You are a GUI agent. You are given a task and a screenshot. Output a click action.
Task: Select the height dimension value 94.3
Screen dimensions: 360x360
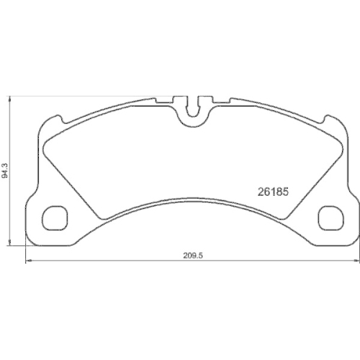[x=6, y=172]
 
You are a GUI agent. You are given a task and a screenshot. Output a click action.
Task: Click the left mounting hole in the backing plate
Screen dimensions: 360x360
[x=55, y=215]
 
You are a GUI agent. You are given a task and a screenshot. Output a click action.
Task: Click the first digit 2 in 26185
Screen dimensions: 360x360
[x=261, y=192]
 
